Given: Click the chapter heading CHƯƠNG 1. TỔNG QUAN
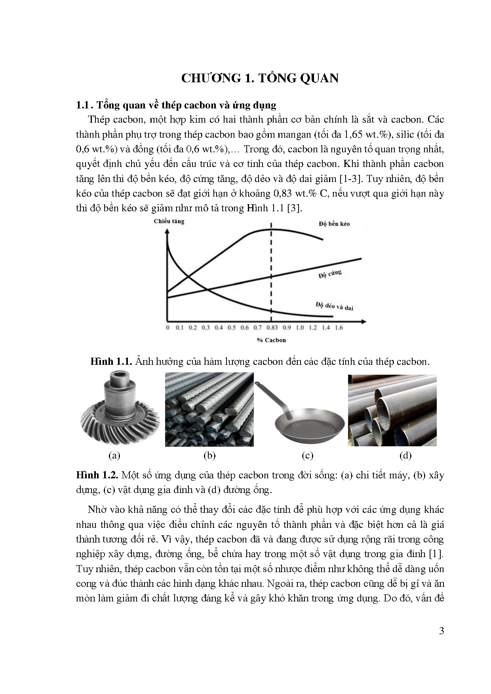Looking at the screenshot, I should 260,78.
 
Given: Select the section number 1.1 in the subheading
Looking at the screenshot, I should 84,105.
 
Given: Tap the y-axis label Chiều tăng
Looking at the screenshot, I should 169,221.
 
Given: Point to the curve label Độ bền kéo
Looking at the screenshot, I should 334,224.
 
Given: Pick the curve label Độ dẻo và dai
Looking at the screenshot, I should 335,306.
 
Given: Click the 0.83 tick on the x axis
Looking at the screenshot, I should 272,328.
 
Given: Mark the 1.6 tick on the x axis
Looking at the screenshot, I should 339,328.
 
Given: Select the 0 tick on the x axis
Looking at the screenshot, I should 167,328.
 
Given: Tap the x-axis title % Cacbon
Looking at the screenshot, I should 271,340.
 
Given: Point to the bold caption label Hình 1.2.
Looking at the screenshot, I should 97,475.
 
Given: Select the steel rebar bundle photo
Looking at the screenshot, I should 209,410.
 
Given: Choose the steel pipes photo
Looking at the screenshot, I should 392,410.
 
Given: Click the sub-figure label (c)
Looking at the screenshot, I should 307,455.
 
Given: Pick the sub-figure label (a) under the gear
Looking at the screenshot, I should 114,455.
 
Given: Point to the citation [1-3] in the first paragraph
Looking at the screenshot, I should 350,179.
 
